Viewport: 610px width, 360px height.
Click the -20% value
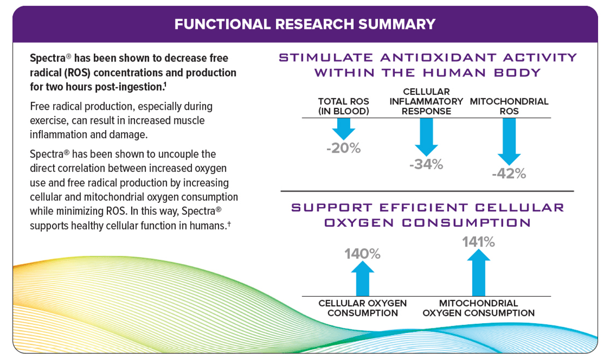click(343, 148)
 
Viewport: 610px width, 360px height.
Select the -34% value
click(426, 164)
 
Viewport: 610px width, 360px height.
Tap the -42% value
click(509, 174)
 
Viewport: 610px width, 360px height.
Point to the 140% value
click(363, 254)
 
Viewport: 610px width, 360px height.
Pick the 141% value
click(478, 242)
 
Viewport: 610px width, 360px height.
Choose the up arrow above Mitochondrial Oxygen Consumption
click(478, 273)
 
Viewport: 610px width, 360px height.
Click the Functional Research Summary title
click(305, 24)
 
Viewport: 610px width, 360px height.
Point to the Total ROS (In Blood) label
click(343, 106)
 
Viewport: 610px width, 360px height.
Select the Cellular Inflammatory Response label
click(426, 101)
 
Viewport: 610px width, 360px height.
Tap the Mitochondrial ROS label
click(509, 106)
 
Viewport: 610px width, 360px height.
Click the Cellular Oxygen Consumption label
click(363, 308)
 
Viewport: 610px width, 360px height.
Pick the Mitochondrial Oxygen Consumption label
click(478, 308)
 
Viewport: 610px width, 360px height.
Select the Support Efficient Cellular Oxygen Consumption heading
click(427, 215)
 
